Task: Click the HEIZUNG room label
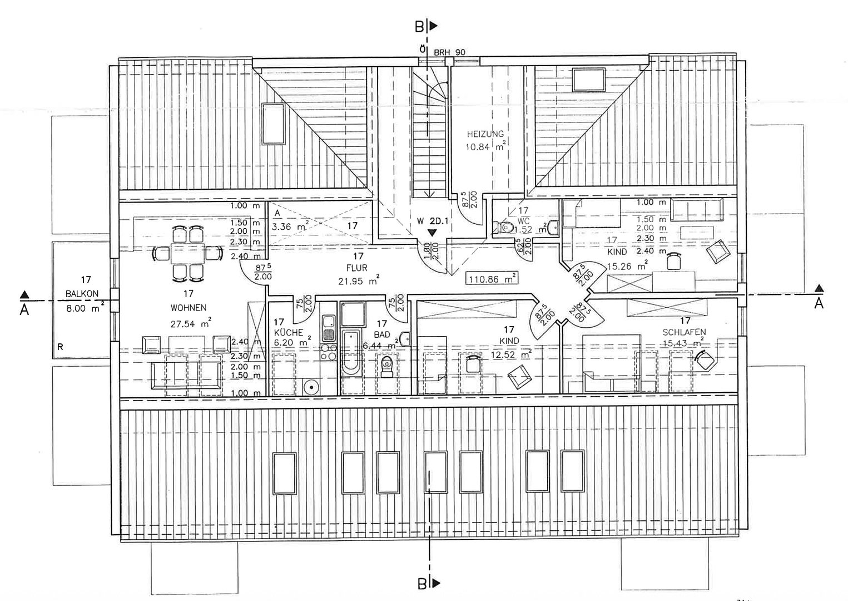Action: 485,134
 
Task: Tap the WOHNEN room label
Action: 189,307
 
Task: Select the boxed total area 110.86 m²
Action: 492,279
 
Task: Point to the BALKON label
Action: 82,294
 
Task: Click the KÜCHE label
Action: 289,332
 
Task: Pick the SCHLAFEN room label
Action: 684,332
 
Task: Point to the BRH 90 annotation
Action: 449,52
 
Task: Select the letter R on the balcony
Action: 60,347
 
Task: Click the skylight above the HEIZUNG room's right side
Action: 589,78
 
